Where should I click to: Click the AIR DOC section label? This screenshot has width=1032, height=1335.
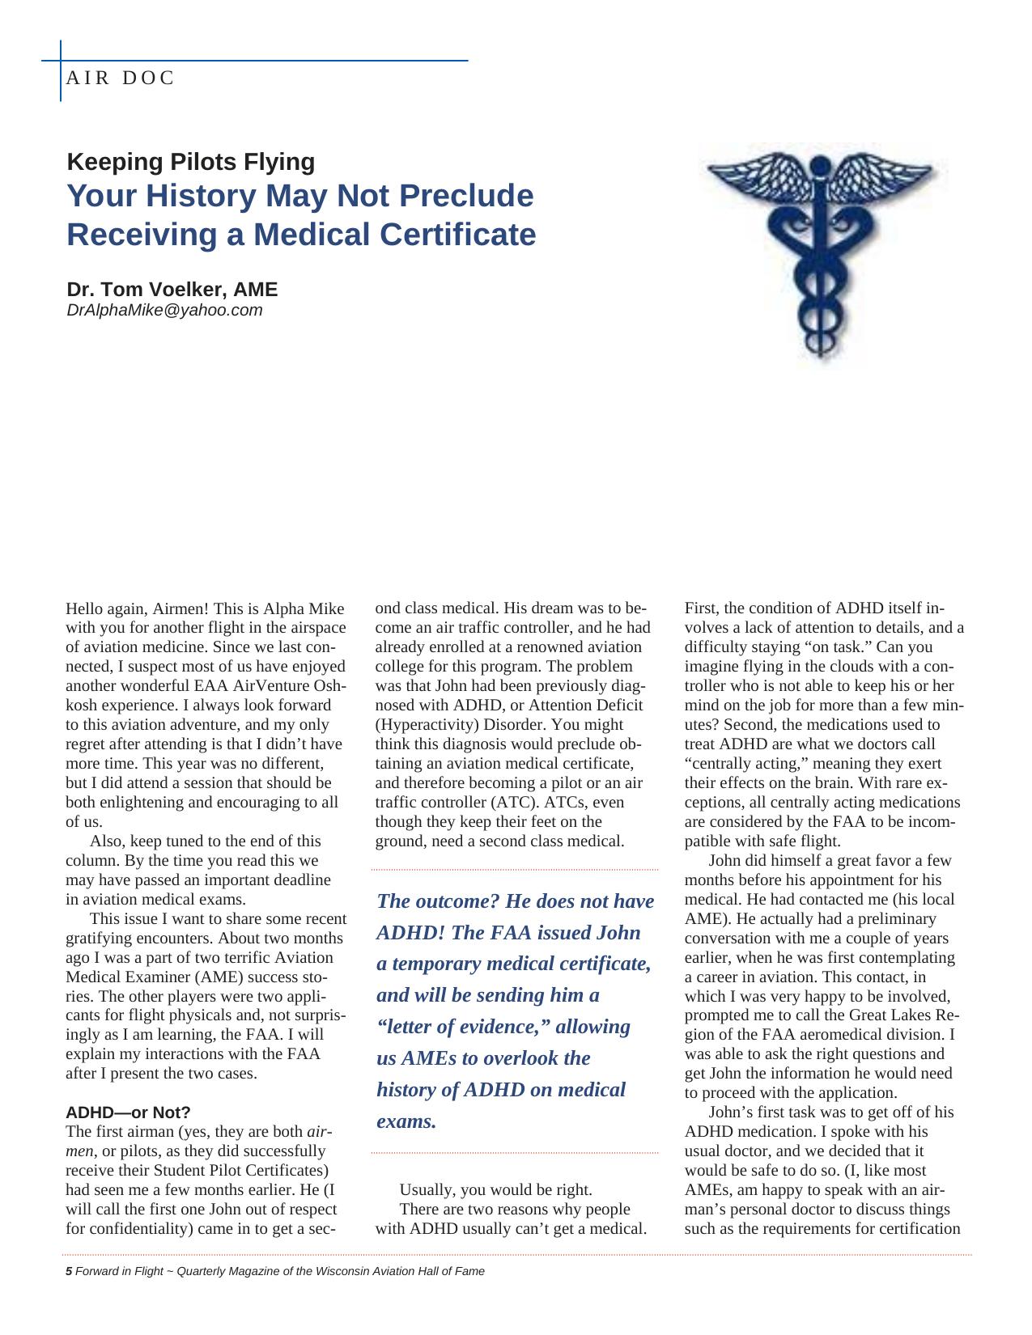coord(121,78)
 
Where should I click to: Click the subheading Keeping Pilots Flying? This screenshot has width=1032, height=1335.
coord(191,162)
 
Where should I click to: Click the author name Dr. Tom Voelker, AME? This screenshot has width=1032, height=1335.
coord(172,290)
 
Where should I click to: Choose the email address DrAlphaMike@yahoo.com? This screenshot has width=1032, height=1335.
coord(164,310)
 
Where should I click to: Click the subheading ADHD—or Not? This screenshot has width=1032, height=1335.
coord(128,1112)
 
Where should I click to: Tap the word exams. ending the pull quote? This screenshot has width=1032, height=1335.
coord(406,1121)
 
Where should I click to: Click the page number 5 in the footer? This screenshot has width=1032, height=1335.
coord(69,1271)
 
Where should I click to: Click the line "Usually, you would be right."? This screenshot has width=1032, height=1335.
coord(495,1190)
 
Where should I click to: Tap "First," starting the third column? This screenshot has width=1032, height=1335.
coord(702,608)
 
